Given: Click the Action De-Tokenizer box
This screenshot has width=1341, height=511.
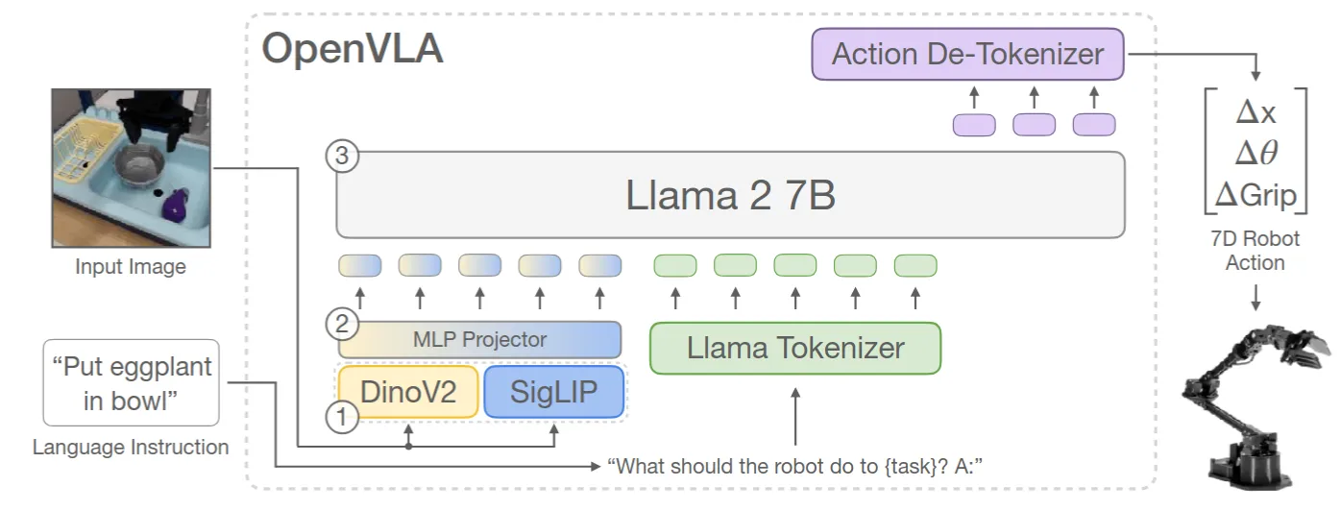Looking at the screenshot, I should [x=967, y=54].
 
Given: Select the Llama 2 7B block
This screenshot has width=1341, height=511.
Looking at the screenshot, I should [x=730, y=195].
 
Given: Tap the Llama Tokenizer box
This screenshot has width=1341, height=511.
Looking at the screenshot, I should [x=795, y=348].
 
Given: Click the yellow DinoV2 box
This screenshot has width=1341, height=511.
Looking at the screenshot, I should [x=407, y=392].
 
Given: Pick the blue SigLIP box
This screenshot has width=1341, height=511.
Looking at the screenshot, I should [x=553, y=392].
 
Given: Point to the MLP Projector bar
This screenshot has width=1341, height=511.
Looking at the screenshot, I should [x=479, y=339].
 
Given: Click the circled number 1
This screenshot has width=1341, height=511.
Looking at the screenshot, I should [x=341, y=416].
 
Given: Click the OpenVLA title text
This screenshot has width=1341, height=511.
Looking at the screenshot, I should [x=353, y=49].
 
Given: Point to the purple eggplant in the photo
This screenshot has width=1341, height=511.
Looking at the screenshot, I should [x=175, y=205].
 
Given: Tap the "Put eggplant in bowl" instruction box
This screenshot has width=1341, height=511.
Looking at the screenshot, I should [x=131, y=382].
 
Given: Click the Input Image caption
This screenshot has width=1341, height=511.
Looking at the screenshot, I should [x=131, y=266].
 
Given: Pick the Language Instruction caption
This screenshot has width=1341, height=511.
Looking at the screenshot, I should [x=131, y=447].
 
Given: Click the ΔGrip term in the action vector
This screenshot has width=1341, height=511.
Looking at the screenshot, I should [x=1256, y=195].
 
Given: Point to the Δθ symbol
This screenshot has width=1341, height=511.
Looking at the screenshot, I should [x=1256, y=154].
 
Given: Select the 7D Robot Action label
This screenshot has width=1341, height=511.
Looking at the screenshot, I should [x=1256, y=250].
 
